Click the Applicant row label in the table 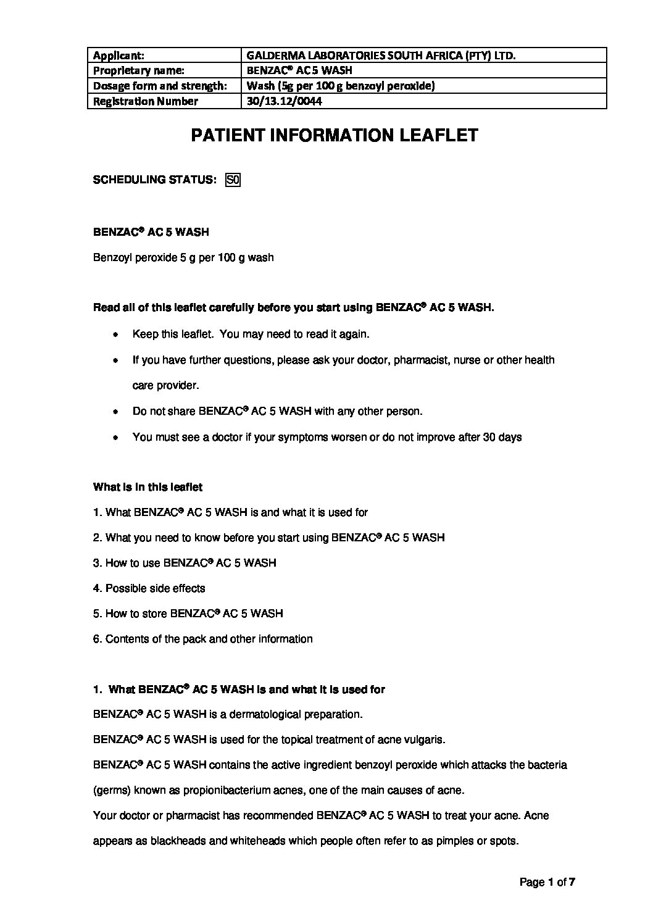pos(119,56)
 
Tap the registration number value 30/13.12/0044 pos(284,101)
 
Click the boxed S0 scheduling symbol pos(233,180)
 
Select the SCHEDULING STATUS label pos(154,180)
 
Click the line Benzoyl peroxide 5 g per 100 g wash pos(183,257)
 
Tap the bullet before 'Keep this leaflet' pos(115,335)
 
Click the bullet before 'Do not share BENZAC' pos(115,412)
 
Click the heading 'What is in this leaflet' pos(148,487)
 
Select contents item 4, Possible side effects pos(149,588)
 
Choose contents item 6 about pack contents pos(202,639)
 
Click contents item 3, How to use pos(185,563)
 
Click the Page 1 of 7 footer pos(547,882)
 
